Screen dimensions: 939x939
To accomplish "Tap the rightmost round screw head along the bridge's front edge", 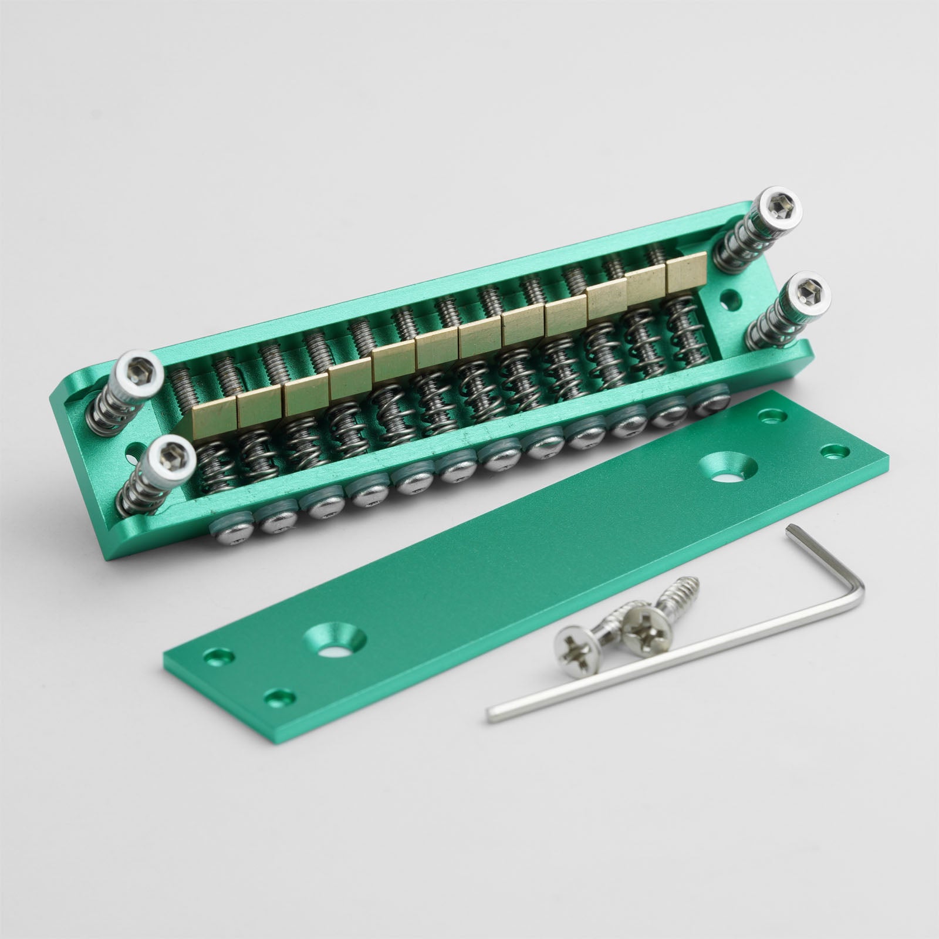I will pyautogui.click(x=711, y=400).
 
